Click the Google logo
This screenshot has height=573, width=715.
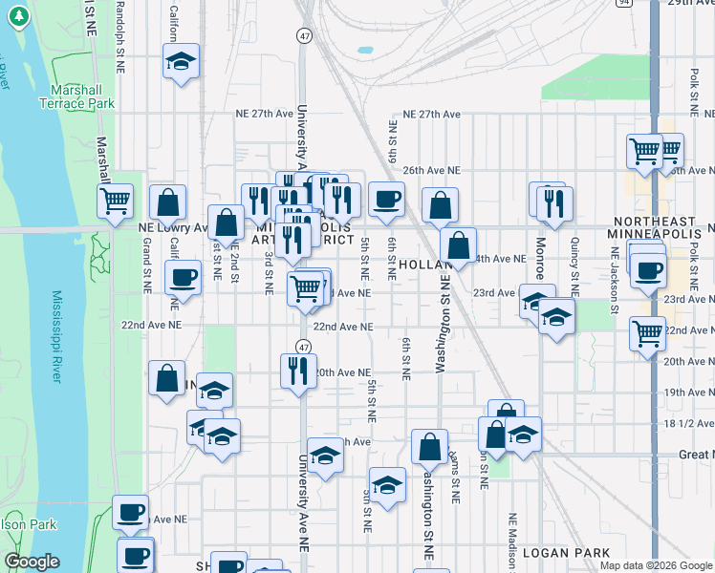[32, 562]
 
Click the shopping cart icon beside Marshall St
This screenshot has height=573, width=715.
[116, 202]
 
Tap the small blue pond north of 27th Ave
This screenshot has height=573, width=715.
[364, 49]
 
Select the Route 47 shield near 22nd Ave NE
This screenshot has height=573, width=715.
[302, 347]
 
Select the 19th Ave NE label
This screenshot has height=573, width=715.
[689, 392]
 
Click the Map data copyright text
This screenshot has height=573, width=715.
[656, 565]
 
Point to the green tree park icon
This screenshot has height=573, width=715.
[16, 18]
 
